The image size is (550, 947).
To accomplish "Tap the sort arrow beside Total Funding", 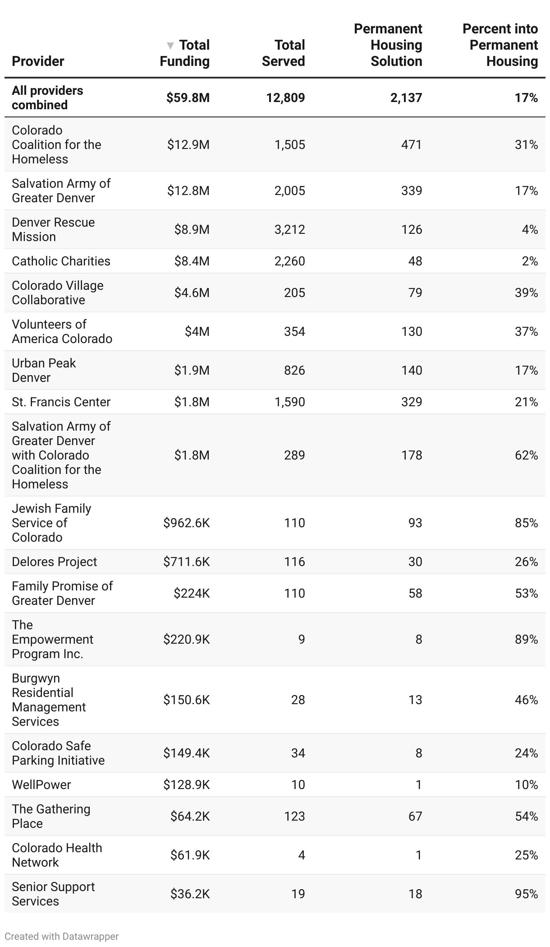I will point(170,46).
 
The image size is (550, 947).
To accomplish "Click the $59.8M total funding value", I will point(188,97).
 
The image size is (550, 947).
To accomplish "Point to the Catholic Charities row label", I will point(61,261).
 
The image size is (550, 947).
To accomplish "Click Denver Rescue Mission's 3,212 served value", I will point(289,229).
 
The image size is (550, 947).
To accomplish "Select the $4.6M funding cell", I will point(192,292).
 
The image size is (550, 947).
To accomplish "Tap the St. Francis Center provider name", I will point(61,402).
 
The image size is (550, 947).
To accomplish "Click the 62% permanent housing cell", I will point(526,455).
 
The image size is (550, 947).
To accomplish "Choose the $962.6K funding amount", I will point(186,523).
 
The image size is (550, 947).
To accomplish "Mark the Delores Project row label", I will point(54,562).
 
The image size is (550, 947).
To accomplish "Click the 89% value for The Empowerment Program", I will point(526,639).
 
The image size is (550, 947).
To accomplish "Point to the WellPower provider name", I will point(41,785).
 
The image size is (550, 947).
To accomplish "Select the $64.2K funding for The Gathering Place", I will point(190,816).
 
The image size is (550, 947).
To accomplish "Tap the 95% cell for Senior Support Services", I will point(526,894).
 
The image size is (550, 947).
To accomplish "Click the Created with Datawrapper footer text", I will point(62,936).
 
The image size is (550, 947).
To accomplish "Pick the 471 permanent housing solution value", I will point(411,144).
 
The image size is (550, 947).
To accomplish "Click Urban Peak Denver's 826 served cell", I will point(294,370).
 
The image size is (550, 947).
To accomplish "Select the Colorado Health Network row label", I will point(57,855).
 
